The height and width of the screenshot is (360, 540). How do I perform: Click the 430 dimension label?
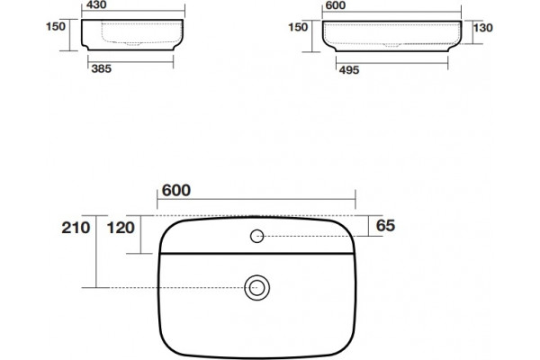click(96, 4)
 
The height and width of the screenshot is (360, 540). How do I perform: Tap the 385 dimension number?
click(101, 68)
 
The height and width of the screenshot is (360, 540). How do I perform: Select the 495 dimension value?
click(349, 70)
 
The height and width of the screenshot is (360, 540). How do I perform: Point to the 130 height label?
click(482, 28)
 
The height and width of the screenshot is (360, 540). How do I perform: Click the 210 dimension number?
click(76, 228)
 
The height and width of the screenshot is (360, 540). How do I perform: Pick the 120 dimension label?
click(121, 228)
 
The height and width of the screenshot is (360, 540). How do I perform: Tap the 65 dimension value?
click(385, 226)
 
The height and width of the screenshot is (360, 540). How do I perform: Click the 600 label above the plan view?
click(176, 190)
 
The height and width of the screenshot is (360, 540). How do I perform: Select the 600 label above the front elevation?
click(336, 5)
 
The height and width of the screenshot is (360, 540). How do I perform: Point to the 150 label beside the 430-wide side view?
click(56, 26)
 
